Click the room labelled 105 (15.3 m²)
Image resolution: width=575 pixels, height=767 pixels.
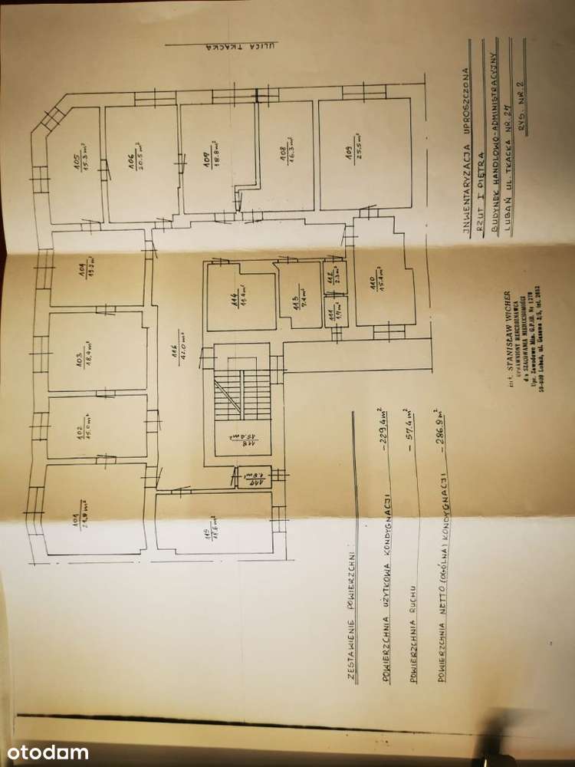tap(77, 163)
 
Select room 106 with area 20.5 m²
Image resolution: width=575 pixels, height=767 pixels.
tap(141, 163)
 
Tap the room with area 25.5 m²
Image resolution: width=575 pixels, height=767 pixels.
tap(364, 163)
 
